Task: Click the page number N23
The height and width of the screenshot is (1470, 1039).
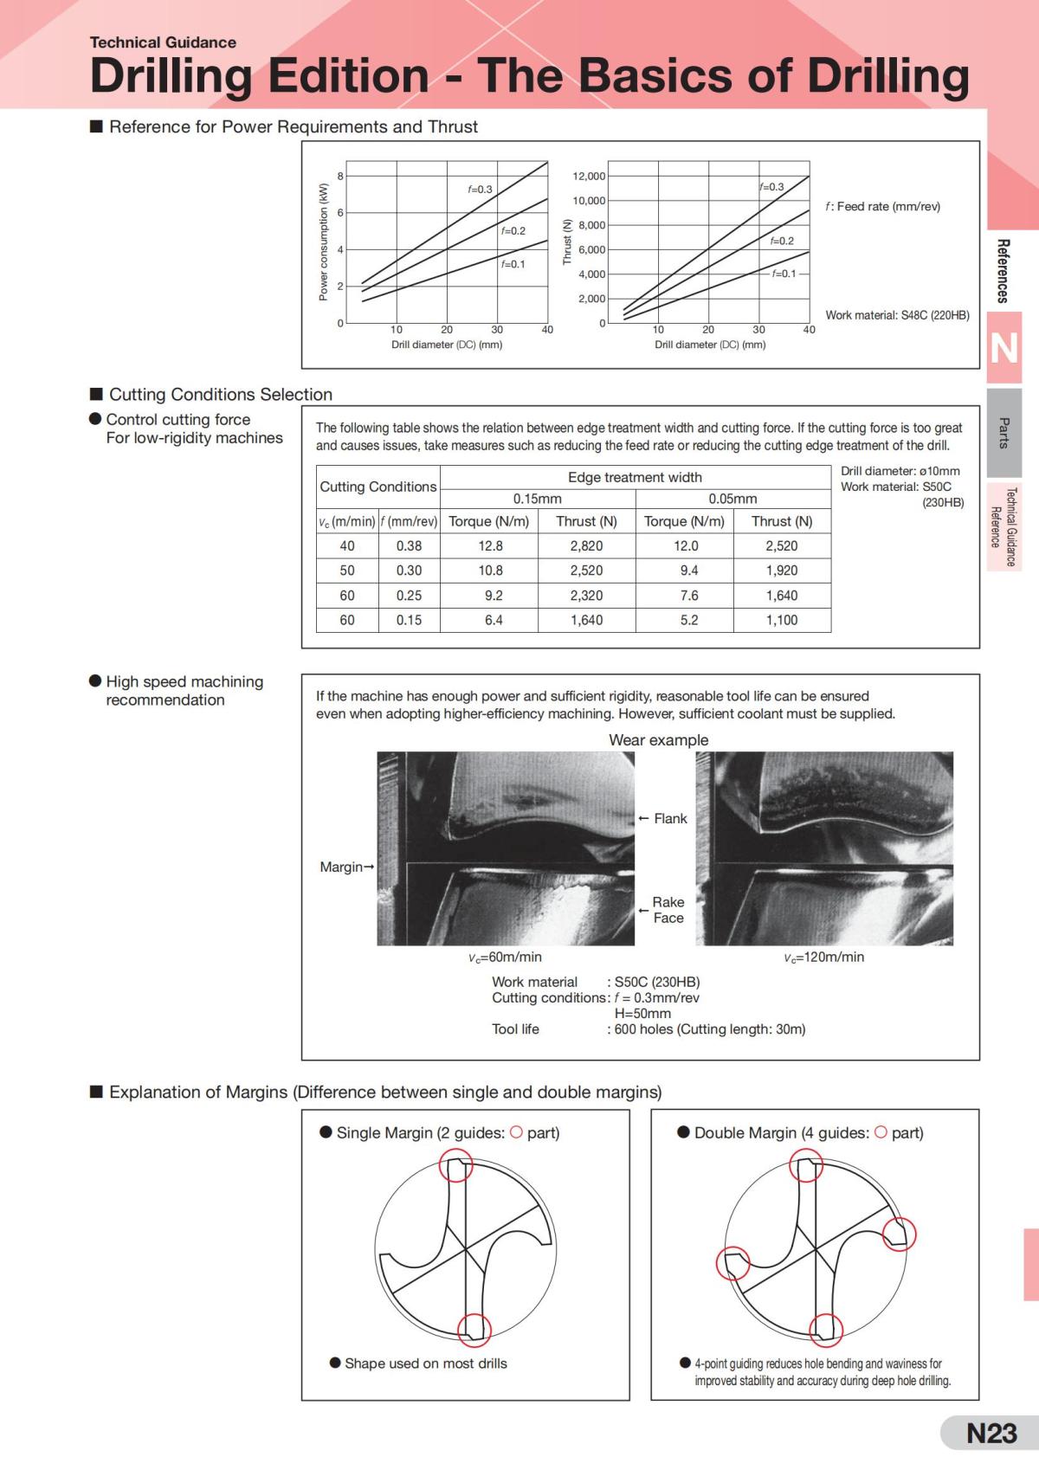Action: tap(991, 1434)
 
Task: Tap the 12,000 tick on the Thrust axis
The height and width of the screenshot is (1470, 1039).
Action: tap(590, 177)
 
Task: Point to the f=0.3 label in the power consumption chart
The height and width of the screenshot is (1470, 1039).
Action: tap(480, 190)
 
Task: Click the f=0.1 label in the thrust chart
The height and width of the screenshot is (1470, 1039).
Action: tap(784, 274)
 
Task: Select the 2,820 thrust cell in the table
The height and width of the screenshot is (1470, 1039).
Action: tap(586, 546)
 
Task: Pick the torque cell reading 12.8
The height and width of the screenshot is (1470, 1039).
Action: tap(490, 546)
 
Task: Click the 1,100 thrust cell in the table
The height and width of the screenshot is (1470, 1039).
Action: tap(781, 620)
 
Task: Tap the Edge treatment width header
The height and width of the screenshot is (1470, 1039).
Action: tap(635, 477)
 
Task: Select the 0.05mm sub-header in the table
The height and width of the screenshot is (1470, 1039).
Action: tap(732, 499)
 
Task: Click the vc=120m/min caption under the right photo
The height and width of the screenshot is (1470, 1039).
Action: tap(823, 957)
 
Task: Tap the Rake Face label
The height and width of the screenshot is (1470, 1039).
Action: tap(668, 910)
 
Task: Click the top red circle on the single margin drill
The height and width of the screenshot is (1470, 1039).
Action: tap(456, 1165)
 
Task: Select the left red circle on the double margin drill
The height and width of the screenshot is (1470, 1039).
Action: tap(732, 1264)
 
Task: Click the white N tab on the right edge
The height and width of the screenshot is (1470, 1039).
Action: tap(1004, 348)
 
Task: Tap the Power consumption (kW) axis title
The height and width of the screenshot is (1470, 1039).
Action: tap(324, 242)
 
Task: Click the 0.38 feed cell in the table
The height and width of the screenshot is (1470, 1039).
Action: tap(409, 546)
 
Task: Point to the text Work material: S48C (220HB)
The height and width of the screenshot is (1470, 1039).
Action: tap(897, 315)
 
